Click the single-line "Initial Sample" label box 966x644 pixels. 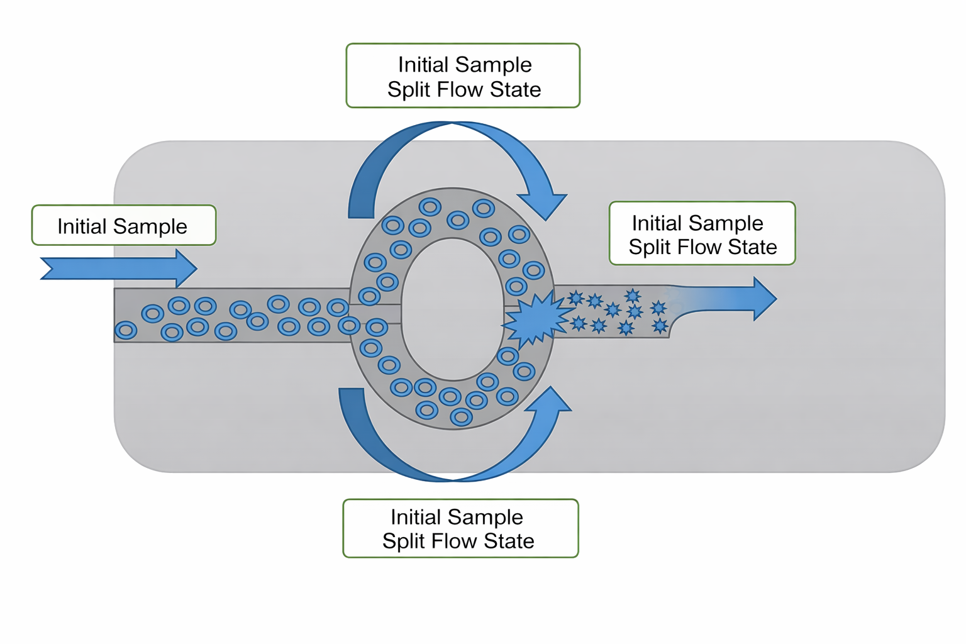point(124,225)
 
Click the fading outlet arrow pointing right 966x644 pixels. point(723,299)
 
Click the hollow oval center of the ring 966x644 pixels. point(453,309)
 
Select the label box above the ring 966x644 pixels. point(463,76)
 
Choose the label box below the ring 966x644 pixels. point(460,528)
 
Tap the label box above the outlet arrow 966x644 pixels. point(702,233)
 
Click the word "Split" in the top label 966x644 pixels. point(409,90)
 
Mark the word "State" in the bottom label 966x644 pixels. point(509,541)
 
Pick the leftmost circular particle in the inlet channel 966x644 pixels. point(126,330)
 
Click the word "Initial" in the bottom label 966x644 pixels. point(415,517)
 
